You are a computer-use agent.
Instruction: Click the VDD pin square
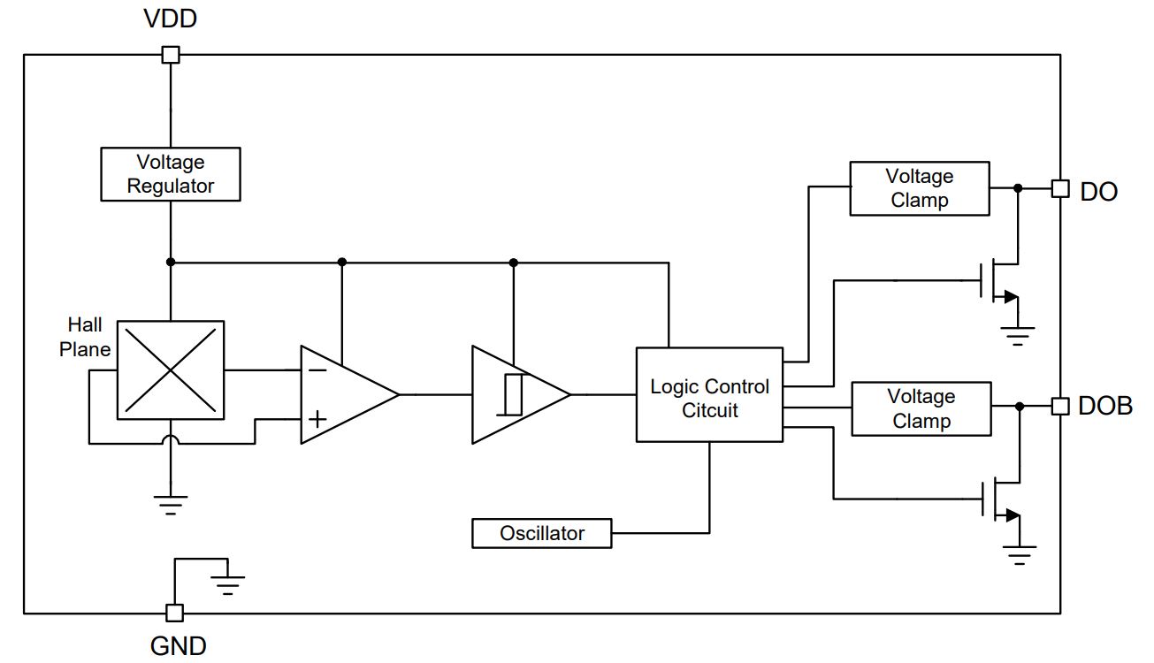(x=171, y=55)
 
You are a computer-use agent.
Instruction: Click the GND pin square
(x=174, y=613)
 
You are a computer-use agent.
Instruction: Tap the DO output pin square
(x=1060, y=188)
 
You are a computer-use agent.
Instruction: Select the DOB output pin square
(x=1060, y=407)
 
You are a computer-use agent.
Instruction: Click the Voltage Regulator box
(x=171, y=174)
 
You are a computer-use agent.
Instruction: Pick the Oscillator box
(x=542, y=533)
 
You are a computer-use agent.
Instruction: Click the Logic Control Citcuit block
(x=709, y=394)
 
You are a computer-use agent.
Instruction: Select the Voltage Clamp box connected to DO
(x=920, y=188)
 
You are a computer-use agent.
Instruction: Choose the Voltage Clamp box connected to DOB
(x=921, y=409)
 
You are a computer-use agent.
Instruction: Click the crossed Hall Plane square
(x=171, y=370)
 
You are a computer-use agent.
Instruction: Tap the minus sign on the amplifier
(x=317, y=370)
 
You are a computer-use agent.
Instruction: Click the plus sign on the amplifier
(x=317, y=419)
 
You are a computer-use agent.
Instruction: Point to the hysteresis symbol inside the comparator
(x=510, y=394)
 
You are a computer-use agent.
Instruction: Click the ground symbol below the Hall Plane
(x=171, y=505)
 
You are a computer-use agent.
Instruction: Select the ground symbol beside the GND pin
(x=228, y=585)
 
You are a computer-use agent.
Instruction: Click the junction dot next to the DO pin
(x=1018, y=188)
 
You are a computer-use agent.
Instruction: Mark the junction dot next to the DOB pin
(x=1020, y=407)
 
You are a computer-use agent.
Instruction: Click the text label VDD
(x=171, y=19)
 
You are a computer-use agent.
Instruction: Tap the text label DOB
(x=1105, y=406)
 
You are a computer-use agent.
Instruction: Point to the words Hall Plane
(x=85, y=337)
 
